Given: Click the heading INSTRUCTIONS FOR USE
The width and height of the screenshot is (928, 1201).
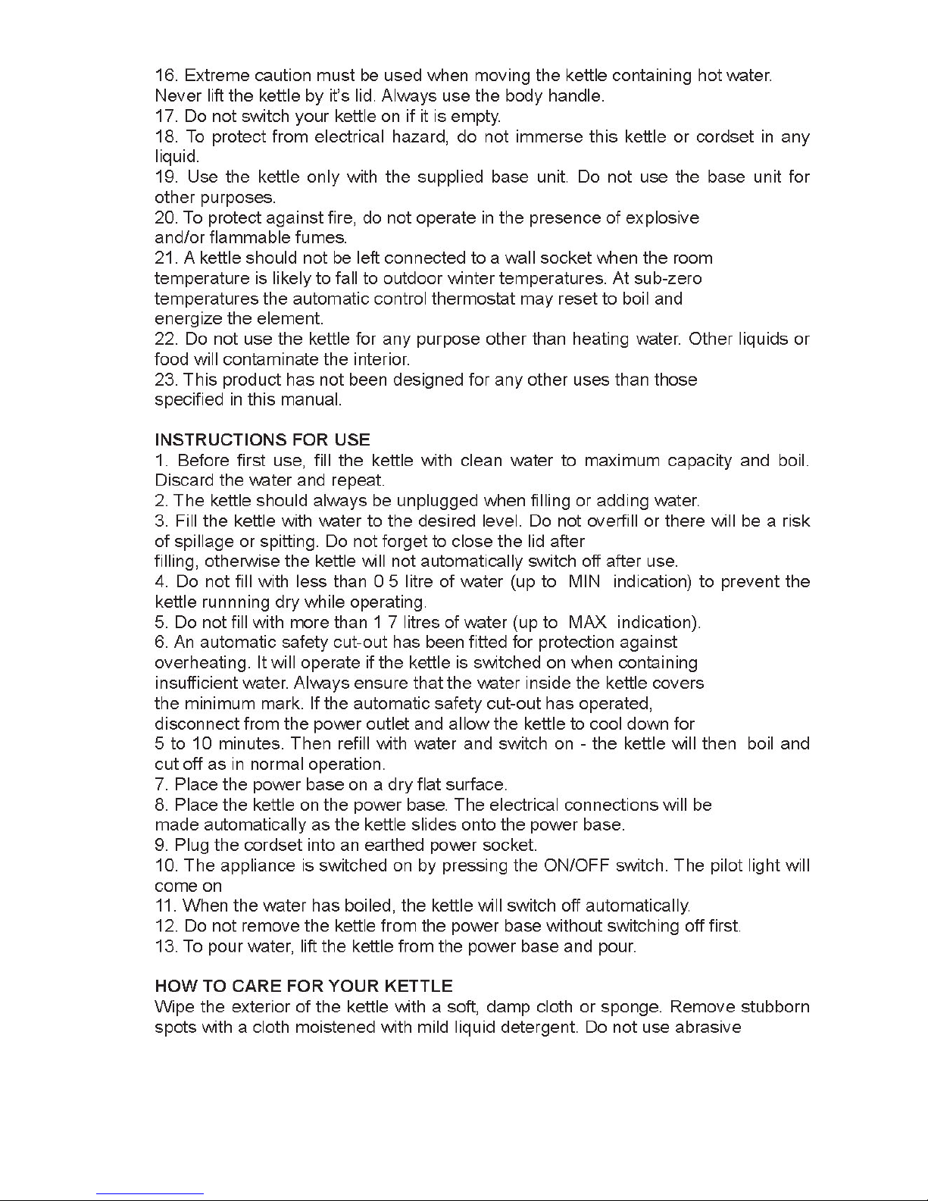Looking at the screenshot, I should (x=262, y=440).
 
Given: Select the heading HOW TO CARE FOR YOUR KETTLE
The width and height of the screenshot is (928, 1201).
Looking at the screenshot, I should (x=303, y=986).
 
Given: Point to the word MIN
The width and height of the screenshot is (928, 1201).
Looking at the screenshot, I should (x=583, y=582).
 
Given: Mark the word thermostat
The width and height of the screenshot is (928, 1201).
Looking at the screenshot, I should (x=473, y=299).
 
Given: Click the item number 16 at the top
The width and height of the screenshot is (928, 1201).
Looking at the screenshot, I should (x=165, y=76).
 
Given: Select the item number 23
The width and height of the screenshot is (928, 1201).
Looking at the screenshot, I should (x=166, y=379).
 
